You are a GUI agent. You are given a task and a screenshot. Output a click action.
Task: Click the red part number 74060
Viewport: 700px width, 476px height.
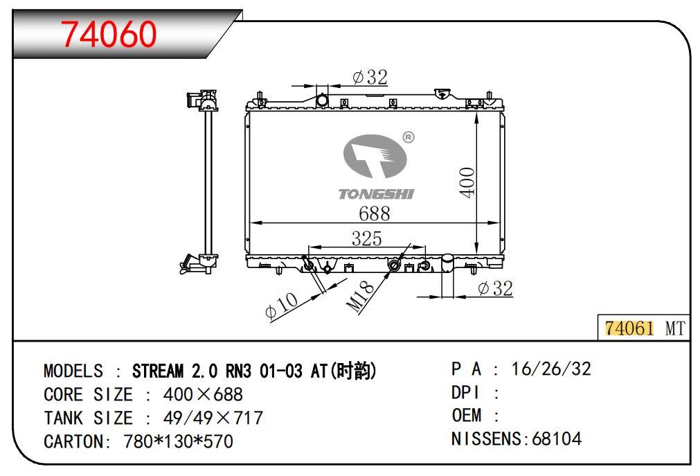click(109, 35)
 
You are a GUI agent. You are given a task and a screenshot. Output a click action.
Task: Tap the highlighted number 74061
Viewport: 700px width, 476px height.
click(629, 328)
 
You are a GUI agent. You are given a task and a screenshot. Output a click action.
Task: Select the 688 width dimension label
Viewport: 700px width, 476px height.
click(374, 213)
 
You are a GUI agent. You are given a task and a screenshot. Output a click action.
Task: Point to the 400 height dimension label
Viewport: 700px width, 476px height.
click(467, 182)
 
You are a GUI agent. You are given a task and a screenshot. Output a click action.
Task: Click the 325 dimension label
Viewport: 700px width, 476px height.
click(366, 238)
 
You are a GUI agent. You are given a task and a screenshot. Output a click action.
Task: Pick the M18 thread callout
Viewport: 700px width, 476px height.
click(360, 296)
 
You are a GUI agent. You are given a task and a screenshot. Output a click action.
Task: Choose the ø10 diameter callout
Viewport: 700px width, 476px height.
click(281, 306)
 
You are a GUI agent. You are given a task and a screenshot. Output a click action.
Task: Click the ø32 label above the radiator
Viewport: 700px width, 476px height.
click(370, 78)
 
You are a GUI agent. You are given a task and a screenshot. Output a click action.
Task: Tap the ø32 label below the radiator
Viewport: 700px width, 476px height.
click(495, 288)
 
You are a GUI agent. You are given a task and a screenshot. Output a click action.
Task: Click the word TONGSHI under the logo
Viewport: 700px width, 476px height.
click(377, 194)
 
